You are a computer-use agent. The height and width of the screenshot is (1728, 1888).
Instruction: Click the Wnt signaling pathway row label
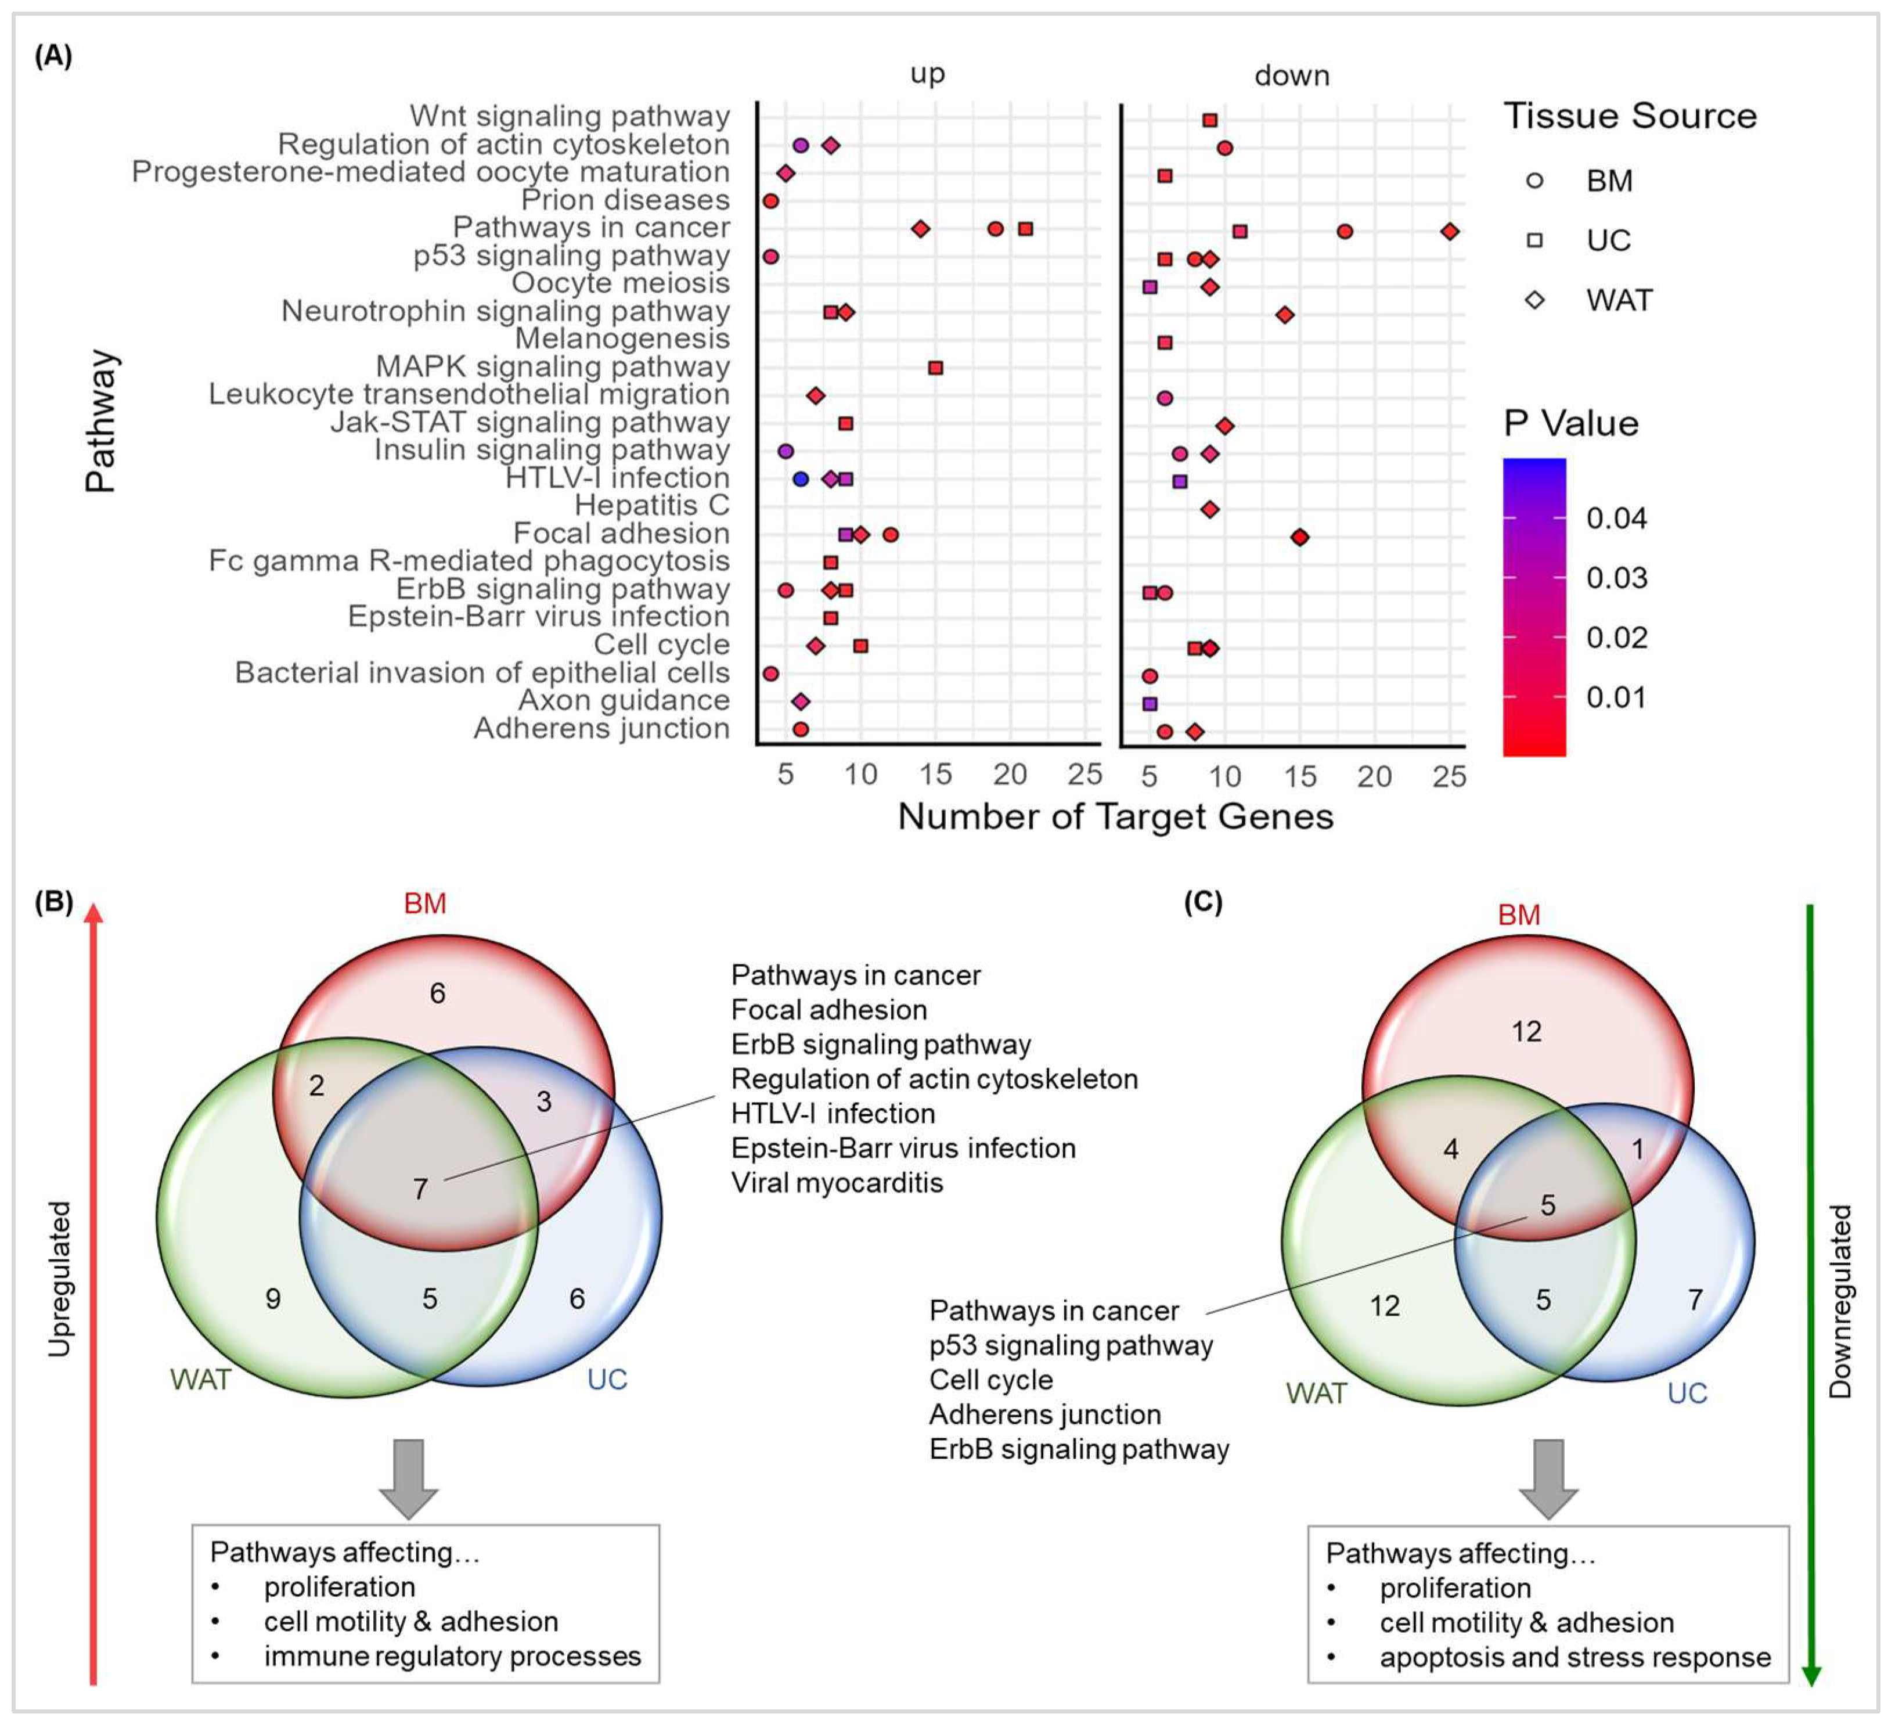point(570,116)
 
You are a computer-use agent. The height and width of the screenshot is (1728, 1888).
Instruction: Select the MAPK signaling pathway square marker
point(935,368)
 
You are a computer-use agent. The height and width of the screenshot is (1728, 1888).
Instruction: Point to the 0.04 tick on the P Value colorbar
point(1616,518)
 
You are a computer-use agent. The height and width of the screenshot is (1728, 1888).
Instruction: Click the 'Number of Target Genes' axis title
point(1115,817)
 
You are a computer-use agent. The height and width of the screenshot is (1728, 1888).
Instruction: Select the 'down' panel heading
point(1291,75)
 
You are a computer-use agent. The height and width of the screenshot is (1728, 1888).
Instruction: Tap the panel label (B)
point(53,901)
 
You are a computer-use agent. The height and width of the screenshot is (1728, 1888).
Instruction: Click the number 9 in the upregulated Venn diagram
point(272,1298)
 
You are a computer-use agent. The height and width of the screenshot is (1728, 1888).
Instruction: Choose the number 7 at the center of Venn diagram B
point(420,1189)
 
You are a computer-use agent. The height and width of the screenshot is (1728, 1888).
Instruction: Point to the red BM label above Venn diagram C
point(1518,915)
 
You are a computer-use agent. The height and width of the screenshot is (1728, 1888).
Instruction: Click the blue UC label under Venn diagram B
point(607,1378)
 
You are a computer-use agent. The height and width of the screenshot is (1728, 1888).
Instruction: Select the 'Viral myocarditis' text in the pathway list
point(836,1183)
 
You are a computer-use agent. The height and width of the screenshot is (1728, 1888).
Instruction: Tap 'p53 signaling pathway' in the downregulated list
point(1071,1346)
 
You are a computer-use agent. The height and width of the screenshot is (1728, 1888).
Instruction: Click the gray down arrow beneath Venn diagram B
point(408,1477)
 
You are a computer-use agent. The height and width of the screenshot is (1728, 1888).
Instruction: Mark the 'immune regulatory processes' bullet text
point(452,1656)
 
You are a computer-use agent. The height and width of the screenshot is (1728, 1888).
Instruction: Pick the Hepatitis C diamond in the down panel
point(1209,509)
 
